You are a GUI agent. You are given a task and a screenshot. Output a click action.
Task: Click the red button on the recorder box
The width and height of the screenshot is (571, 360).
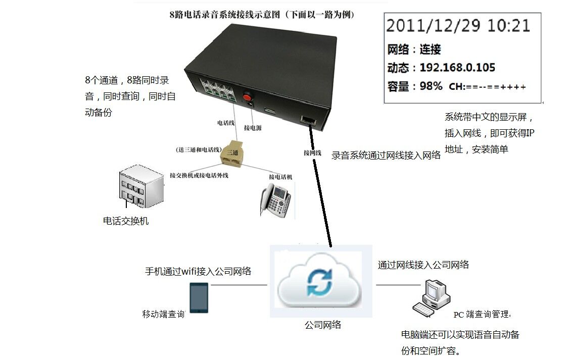(x=248, y=96)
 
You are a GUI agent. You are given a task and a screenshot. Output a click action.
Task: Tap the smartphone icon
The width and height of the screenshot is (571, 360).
(x=198, y=298)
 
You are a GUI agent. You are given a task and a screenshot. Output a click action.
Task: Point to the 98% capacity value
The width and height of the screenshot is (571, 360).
(x=431, y=86)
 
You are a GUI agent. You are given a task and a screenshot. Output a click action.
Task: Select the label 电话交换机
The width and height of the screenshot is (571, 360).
(x=126, y=221)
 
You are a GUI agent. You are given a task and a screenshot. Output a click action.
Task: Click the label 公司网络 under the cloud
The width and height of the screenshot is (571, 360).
(x=323, y=325)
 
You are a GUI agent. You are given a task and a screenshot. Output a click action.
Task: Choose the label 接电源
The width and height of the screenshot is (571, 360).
(x=252, y=128)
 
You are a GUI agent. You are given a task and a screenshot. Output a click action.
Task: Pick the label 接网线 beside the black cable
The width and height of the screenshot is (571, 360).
(x=312, y=152)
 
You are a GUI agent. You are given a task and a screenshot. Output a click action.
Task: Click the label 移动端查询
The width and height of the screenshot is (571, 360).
(x=163, y=314)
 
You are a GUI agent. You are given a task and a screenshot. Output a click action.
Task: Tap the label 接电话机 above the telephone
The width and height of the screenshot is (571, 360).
(x=280, y=177)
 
